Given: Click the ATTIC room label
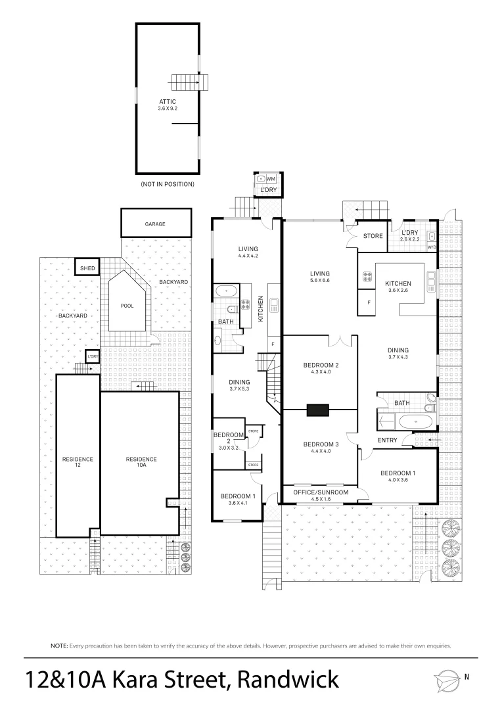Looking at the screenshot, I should click(168, 102).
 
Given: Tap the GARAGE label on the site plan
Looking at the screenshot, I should click(155, 224).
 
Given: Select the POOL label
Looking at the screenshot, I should click(127, 306).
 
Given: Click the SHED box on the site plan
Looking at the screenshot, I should click(87, 268).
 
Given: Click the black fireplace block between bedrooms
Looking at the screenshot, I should click(318, 410).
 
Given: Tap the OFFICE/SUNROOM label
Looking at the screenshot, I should click(321, 492).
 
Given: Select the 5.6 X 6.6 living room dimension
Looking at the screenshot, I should click(321, 281).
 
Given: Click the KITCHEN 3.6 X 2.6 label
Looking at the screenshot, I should click(398, 287).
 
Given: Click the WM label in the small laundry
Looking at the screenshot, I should click(271, 179).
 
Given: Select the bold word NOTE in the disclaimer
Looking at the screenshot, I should click(60, 646).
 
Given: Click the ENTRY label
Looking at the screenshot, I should click(386, 440).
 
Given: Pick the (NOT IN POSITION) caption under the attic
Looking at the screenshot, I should click(168, 185).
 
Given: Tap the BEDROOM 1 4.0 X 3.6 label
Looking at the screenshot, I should click(398, 475).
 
